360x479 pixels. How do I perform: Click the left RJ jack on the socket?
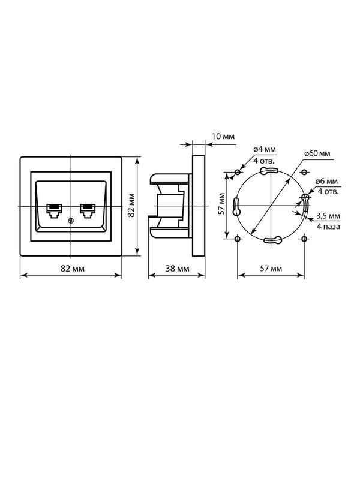tap(54, 211)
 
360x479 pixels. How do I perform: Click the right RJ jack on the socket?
tap(88, 211)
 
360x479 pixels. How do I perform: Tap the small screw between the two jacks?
tap(71, 220)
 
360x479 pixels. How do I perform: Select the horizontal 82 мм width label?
tap(73, 269)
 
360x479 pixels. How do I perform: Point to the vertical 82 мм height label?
tap(131, 205)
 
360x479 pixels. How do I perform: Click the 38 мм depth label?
tap(178, 269)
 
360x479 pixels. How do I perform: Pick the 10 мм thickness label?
tap(223, 136)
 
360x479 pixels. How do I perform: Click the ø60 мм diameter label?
tap(317, 153)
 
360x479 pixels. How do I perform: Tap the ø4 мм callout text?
tap(265, 150)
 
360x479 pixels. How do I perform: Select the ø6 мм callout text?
tap(326, 182)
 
